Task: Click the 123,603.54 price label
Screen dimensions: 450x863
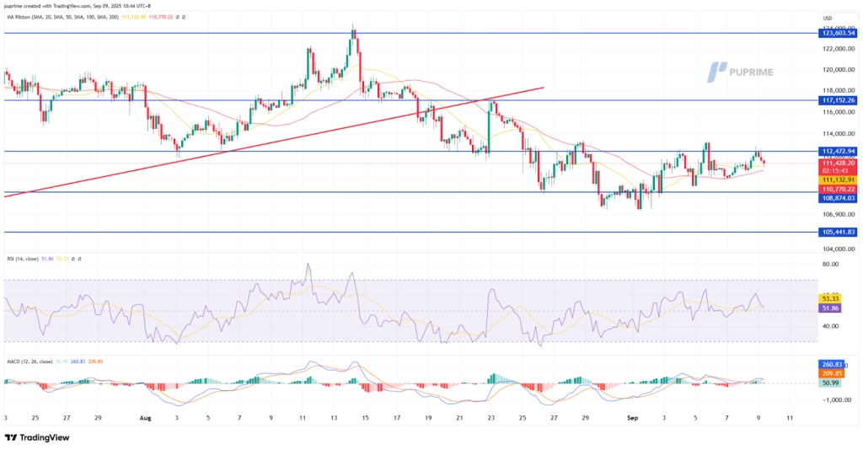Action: (838, 33)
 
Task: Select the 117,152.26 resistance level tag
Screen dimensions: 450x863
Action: (838, 100)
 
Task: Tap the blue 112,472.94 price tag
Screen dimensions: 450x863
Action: (838, 152)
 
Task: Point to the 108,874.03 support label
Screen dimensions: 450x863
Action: (838, 198)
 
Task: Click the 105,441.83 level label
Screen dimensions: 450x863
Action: (838, 232)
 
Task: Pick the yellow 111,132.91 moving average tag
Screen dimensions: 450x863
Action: (838, 179)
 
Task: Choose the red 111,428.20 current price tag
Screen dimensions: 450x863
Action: (838, 162)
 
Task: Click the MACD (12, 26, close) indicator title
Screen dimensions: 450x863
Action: (32, 360)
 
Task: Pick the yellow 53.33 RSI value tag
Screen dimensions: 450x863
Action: (829, 298)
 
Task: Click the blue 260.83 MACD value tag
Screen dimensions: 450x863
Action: (831, 364)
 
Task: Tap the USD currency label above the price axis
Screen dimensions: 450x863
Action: (827, 18)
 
